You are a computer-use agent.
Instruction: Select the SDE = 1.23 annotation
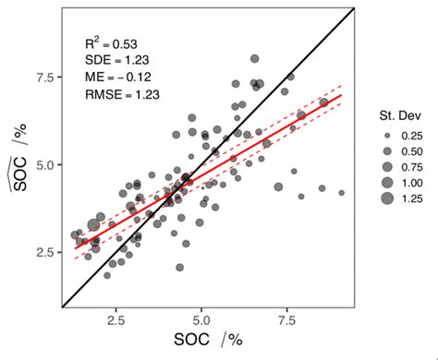point(114,59)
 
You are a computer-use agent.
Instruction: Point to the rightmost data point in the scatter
point(342,193)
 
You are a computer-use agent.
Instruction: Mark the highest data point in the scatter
point(255,58)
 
